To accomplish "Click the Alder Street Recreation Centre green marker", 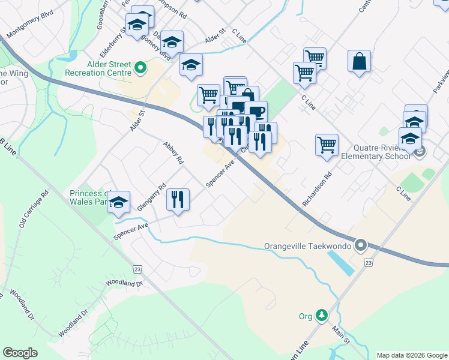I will click(x=140, y=68).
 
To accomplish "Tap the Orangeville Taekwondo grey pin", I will click(x=360, y=245).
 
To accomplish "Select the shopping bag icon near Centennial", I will click(x=359, y=62).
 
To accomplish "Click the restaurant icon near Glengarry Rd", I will click(x=178, y=199).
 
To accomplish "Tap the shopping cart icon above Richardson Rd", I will click(x=327, y=145).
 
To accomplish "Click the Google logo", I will click(x=20, y=353).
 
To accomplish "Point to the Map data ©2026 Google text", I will click(x=411, y=355).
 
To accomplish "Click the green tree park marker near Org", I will click(x=322, y=315).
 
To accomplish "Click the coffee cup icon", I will click(x=256, y=112).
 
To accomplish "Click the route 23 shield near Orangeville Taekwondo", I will click(x=368, y=263).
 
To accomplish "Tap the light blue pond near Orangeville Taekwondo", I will click(x=340, y=263).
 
